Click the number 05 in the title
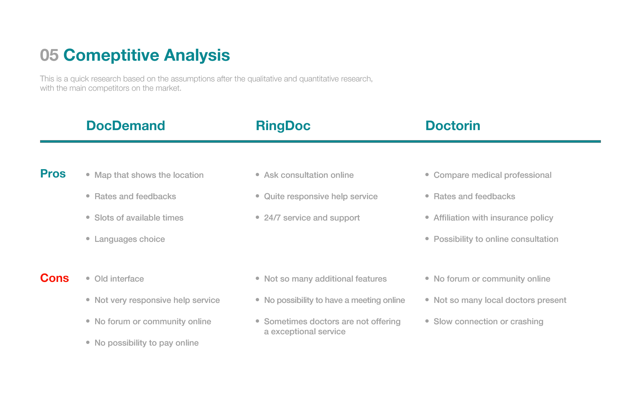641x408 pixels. click(49, 55)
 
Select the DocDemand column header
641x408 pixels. click(126, 126)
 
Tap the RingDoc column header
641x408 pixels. click(283, 126)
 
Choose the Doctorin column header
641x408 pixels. click(453, 126)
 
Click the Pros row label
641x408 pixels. click(53, 174)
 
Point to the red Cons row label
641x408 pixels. click(54, 278)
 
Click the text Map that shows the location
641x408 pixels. click(149, 175)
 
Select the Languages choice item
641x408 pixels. click(130, 239)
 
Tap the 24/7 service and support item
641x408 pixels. click(312, 218)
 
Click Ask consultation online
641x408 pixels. click(309, 175)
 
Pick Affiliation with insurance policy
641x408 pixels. click(493, 218)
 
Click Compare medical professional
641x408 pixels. click(492, 175)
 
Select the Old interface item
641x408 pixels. click(119, 279)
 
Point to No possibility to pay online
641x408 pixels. click(147, 343)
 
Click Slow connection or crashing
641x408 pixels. click(488, 322)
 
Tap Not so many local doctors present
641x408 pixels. click(500, 300)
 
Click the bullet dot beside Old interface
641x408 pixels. click(88, 278)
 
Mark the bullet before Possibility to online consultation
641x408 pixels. click(427, 239)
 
